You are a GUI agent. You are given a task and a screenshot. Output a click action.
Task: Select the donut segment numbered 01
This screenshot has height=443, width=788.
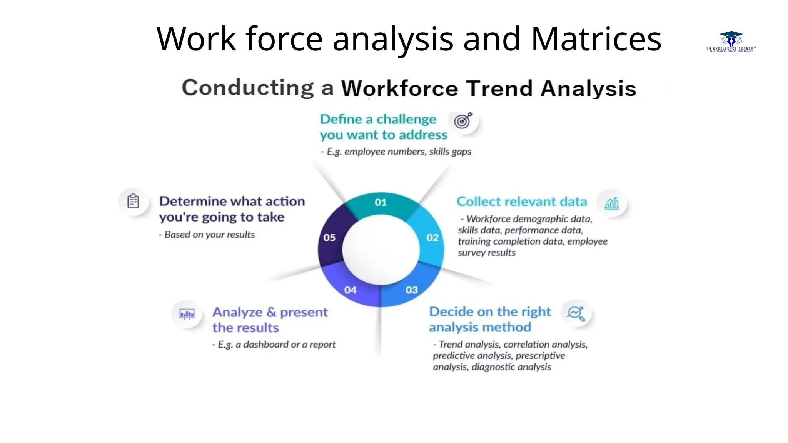tap(381, 204)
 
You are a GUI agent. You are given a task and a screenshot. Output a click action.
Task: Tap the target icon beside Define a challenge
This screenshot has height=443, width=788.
tap(463, 121)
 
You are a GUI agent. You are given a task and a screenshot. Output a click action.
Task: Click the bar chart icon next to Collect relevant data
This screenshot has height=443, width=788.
tap(611, 203)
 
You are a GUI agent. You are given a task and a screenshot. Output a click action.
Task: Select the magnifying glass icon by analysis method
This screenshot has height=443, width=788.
tap(576, 313)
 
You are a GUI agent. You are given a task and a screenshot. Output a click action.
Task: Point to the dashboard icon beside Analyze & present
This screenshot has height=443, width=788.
tap(187, 314)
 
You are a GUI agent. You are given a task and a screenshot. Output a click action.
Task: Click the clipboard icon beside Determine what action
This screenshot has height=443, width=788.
tap(133, 201)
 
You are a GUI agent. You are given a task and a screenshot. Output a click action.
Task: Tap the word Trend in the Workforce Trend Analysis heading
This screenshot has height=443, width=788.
tap(499, 88)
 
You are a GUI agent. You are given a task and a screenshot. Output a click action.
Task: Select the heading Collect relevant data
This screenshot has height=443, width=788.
tap(522, 202)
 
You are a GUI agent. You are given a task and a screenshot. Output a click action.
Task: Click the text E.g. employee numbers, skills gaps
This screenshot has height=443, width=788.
tap(396, 152)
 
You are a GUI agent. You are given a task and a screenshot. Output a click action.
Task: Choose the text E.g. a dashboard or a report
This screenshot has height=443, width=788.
tap(274, 344)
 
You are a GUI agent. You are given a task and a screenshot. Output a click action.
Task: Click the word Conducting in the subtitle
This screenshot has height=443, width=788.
tap(248, 88)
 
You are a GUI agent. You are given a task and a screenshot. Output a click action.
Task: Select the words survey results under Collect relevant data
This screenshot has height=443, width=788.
tap(486, 253)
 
